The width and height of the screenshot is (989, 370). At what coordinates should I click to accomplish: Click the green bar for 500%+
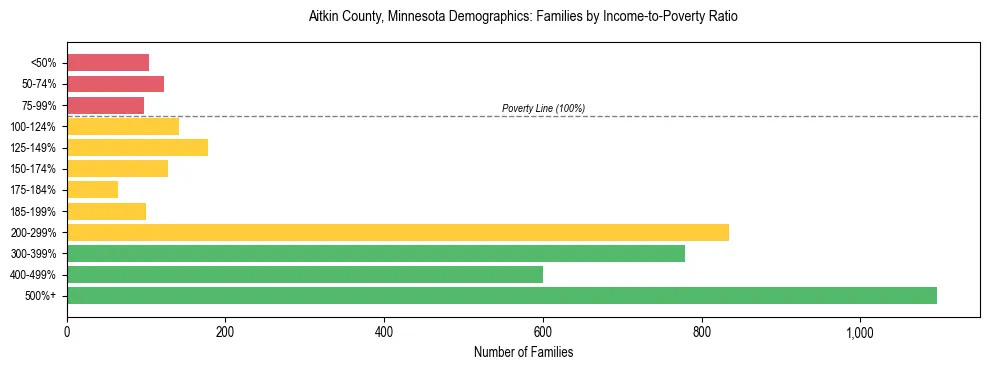502,295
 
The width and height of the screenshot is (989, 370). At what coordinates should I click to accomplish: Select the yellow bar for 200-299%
398,232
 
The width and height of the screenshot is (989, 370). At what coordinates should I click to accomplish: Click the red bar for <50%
108,63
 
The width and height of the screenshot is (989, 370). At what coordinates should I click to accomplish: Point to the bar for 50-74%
115,84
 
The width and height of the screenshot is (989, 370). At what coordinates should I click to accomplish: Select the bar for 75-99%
105,105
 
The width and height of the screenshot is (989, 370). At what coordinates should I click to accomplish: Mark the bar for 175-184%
92,189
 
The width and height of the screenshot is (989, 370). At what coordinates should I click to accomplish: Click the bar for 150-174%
117,168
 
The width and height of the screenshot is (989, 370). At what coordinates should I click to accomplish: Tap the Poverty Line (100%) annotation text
543,108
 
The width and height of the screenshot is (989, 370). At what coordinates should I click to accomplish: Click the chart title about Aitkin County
523,18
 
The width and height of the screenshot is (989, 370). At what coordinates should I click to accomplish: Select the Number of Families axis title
523,352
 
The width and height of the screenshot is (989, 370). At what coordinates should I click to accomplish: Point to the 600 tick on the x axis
543,331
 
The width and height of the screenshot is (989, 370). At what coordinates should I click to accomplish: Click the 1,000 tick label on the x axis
860,331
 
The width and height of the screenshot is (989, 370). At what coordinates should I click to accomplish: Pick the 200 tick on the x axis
225,331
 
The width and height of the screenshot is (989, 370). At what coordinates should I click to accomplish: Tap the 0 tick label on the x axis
67,331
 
